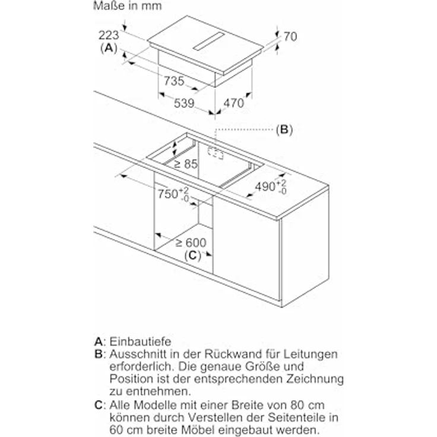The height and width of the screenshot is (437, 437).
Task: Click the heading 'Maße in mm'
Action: (x=127, y=7)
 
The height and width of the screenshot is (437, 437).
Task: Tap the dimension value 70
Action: (x=290, y=37)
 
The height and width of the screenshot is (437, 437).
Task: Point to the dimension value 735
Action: (x=173, y=82)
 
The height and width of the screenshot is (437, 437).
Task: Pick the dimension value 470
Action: (x=233, y=103)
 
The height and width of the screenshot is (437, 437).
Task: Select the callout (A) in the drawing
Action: (x=109, y=48)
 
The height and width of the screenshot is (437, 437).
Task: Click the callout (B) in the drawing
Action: (x=284, y=129)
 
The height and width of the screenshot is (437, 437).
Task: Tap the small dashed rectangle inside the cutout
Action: (x=215, y=154)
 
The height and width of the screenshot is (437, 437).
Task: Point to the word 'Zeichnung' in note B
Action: (x=316, y=379)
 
